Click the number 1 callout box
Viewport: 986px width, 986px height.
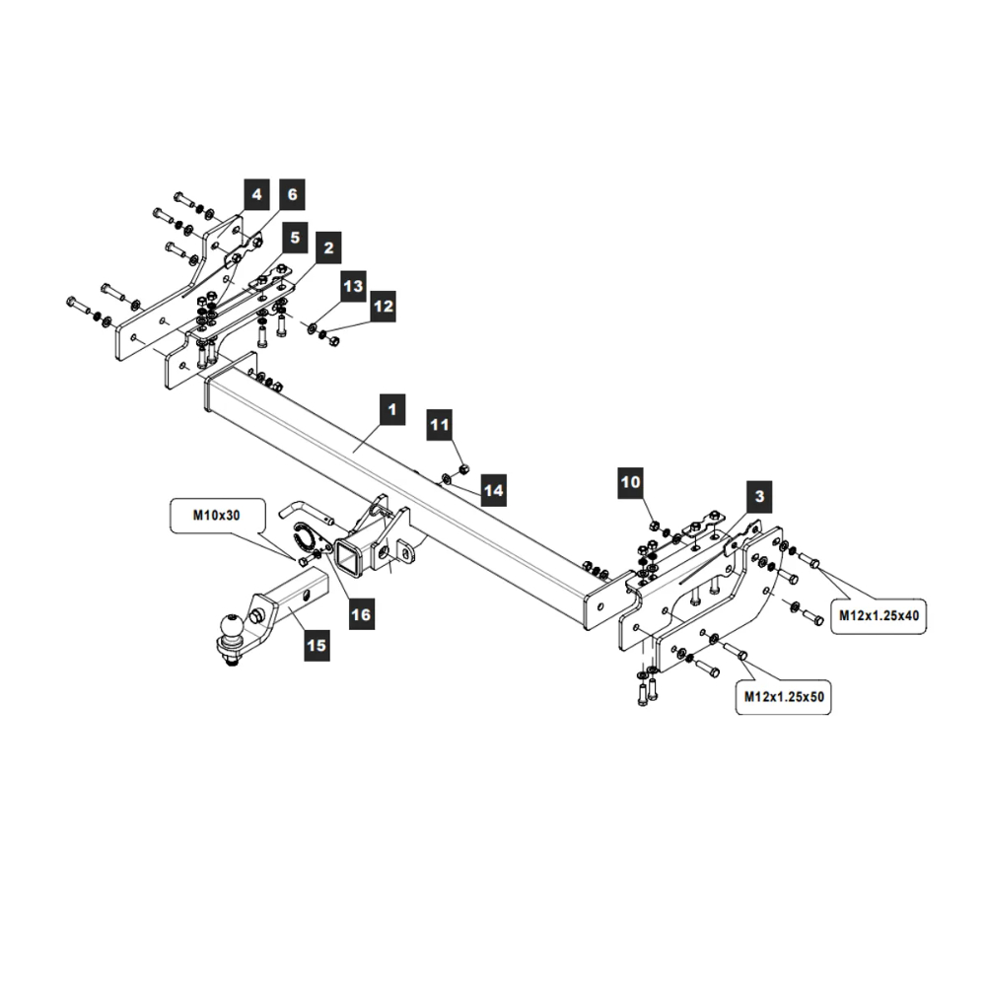pos(391,409)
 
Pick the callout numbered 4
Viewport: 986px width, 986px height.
pos(256,195)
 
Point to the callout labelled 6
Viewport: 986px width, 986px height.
pos(292,195)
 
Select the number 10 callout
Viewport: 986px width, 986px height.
pos(631,482)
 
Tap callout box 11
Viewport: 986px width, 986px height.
pos(440,425)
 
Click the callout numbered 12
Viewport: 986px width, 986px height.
pos(383,308)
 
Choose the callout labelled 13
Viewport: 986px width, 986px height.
pos(353,287)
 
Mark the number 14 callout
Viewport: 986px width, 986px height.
pos(493,488)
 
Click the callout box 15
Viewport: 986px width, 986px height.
pos(317,646)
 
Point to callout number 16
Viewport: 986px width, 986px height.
pos(361,614)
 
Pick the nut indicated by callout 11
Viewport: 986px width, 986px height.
pos(462,465)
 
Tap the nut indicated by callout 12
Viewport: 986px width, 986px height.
pos(333,340)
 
